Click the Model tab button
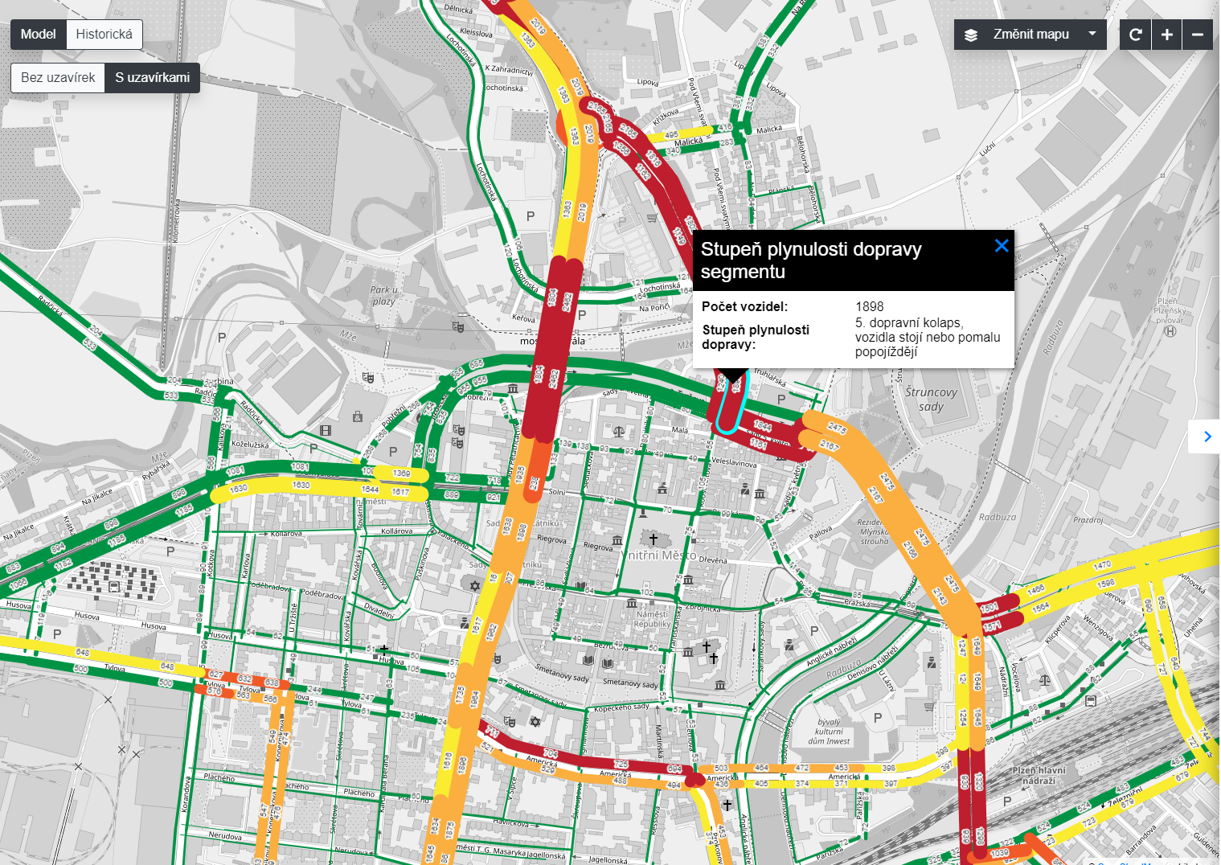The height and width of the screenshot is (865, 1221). point(38,35)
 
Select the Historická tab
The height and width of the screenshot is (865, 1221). point(104,35)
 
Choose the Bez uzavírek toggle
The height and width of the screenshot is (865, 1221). point(58,78)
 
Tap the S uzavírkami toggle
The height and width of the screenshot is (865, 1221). point(152,78)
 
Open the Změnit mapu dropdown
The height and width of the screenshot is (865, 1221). point(1030,35)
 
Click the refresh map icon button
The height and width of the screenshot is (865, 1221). point(1135,35)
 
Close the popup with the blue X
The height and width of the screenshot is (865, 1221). point(1001,246)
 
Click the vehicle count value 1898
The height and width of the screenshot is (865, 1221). point(869,306)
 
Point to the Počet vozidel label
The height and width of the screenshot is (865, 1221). point(744,306)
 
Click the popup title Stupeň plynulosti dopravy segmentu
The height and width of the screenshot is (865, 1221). point(810,260)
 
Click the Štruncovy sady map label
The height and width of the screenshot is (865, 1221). point(931,399)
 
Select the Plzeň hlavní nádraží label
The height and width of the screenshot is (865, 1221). point(1039,775)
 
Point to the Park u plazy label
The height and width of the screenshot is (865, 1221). point(383,295)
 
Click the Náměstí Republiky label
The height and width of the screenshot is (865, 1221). point(652,619)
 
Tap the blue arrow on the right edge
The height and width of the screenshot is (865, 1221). point(1207,437)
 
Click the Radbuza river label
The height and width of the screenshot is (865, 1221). point(997,517)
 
